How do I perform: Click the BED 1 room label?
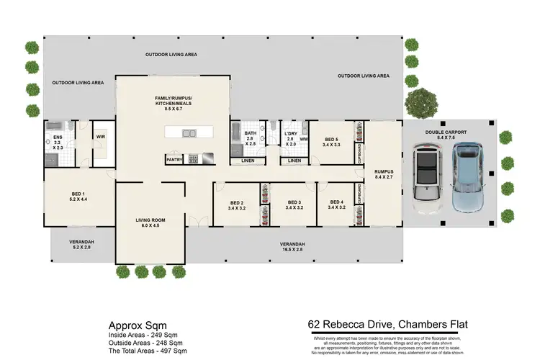click(78, 194)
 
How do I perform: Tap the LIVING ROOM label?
click(151, 223)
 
